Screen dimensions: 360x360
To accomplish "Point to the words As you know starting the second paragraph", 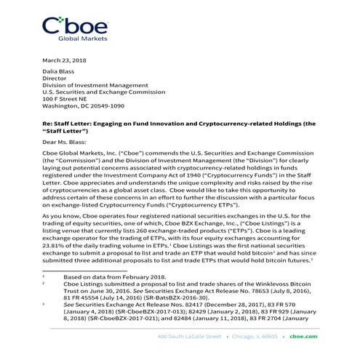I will coord(60,217).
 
